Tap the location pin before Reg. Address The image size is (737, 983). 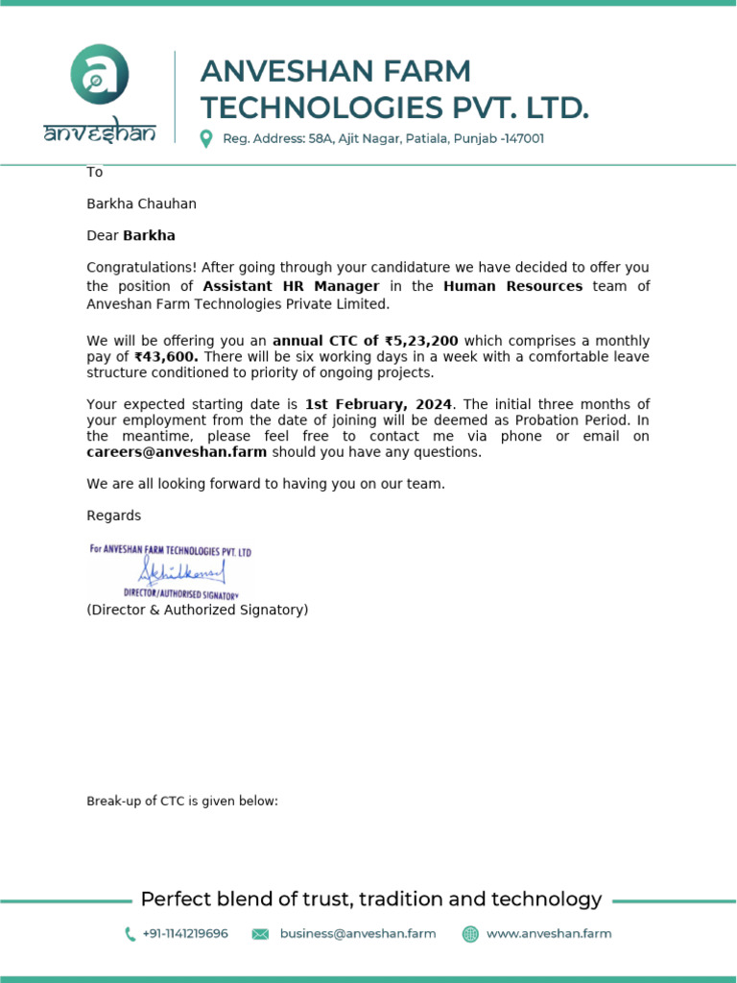pyautogui.click(x=205, y=139)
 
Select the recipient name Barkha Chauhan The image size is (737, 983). pyautogui.click(x=141, y=204)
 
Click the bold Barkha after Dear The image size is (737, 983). pyautogui.click(x=149, y=235)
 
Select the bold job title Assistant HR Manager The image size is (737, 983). pyautogui.click(x=291, y=286)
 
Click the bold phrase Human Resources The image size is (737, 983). pyautogui.click(x=512, y=286)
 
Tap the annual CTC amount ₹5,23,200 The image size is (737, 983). pyautogui.click(x=421, y=341)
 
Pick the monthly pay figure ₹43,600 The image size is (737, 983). pyautogui.click(x=167, y=357)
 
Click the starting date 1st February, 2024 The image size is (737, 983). pyautogui.click(x=378, y=404)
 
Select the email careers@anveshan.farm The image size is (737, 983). pyautogui.click(x=177, y=452)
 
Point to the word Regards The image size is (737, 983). pyautogui.click(x=113, y=515)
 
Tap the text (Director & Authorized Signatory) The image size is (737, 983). pyautogui.click(x=198, y=610)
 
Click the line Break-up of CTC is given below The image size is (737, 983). pyautogui.click(x=182, y=801)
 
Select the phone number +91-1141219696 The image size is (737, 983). pyautogui.click(x=185, y=933)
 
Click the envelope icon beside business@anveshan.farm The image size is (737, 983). pyautogui.click(x=260, y=933)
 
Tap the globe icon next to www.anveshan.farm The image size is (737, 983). pyautogui.click(x=470, y=933)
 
